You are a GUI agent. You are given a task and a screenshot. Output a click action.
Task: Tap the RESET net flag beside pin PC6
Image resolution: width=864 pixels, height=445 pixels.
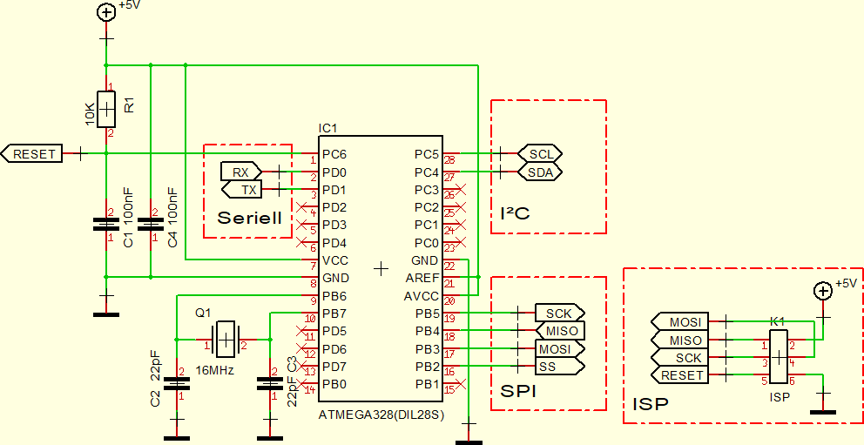pos(34,154)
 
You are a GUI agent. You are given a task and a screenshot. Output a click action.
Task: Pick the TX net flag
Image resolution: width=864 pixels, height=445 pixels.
pos(247,189)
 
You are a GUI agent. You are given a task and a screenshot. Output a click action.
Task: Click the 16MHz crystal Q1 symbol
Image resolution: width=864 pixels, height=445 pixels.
pos(225,338)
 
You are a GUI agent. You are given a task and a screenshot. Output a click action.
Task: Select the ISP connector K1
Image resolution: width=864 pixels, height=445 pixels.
pos(779,356)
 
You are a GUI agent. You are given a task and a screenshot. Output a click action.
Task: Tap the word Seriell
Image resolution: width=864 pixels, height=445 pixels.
pos(250,217)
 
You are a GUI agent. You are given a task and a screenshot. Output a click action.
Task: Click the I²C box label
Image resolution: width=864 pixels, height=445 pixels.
pos(516,212)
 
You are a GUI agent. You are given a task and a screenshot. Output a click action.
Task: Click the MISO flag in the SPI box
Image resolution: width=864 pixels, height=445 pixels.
pos(558,331)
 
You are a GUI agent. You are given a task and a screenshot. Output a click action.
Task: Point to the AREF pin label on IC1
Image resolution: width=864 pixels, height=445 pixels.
pos(422,279)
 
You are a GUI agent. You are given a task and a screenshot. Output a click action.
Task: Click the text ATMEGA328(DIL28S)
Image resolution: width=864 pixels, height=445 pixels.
pos(381,415)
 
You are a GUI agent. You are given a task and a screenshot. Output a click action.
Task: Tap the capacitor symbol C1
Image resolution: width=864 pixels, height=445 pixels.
pos(106,225)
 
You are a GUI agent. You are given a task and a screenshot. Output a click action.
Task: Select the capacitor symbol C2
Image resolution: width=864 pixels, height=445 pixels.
pos(177,383)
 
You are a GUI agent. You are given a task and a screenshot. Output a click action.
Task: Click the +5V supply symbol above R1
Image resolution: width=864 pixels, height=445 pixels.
pos(106,12)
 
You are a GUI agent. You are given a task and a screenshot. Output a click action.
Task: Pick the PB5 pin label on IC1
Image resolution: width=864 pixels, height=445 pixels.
pos(427,314)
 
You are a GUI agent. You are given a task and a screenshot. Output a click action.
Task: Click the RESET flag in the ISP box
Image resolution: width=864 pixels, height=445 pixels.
pos(680,375)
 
